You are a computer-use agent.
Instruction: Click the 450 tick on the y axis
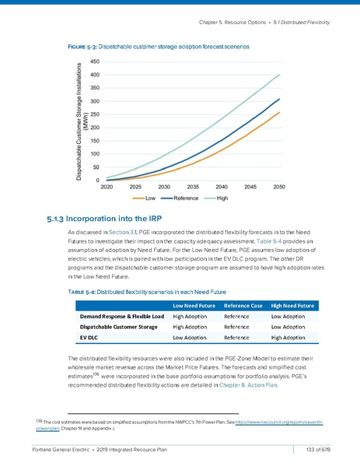click(93, 61)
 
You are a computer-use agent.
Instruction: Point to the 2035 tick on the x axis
click(194, 187)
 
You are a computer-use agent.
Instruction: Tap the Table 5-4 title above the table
click(147, 291)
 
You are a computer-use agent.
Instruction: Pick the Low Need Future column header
click(194, 306)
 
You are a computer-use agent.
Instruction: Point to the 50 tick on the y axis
click(96, 167)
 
